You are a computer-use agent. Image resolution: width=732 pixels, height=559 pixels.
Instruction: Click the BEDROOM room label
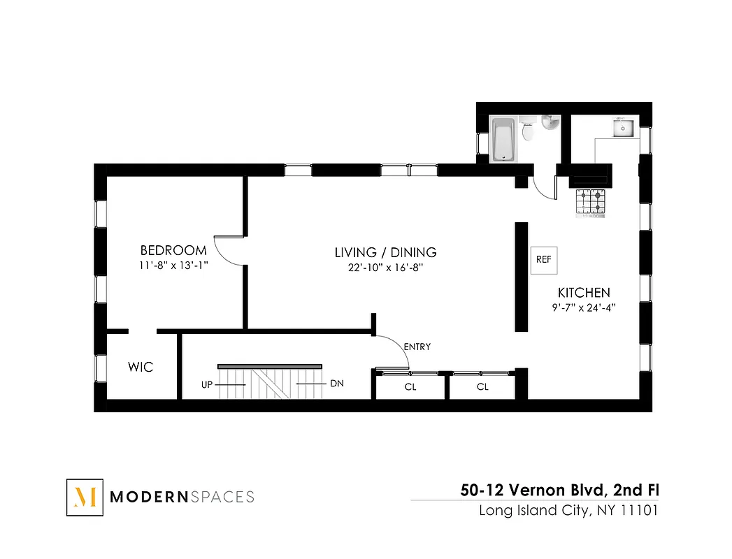coord(173,250)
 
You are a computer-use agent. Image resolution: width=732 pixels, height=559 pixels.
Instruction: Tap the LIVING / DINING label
coord(385,252)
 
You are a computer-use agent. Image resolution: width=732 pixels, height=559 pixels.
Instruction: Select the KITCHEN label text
coord(583,293)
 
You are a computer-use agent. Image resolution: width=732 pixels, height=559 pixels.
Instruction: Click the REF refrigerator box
coord(543,259)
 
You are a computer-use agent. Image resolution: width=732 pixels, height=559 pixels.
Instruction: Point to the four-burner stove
coord(589,202)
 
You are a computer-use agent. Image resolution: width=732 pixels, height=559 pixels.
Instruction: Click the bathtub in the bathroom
coord(503,139)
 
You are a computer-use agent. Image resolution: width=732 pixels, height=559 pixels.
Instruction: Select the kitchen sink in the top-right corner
coord(624,129)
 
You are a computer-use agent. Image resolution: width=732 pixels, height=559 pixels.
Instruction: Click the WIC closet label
coord(140,367)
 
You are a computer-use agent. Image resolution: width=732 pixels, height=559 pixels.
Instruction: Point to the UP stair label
coord(208,384)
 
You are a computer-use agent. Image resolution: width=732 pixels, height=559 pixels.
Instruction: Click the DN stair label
coord(336,384)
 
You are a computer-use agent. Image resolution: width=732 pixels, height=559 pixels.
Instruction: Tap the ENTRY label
coord(417,347)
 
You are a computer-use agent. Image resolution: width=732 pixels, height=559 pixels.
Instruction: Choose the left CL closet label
coord(410,387)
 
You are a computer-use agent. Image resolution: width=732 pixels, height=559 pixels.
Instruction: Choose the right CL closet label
coord(482,387)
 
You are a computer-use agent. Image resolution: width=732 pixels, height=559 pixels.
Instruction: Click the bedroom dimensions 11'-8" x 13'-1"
coord(173,266)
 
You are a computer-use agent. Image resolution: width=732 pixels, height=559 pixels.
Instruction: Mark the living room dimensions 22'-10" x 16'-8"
coord(385,267)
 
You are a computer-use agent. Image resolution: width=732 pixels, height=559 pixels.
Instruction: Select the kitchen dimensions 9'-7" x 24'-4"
coord(583,307)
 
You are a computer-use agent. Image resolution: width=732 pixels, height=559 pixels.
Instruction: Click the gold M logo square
coord(85,498)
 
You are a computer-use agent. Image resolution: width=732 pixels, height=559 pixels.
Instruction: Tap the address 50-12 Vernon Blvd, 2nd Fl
coord(559,491)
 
